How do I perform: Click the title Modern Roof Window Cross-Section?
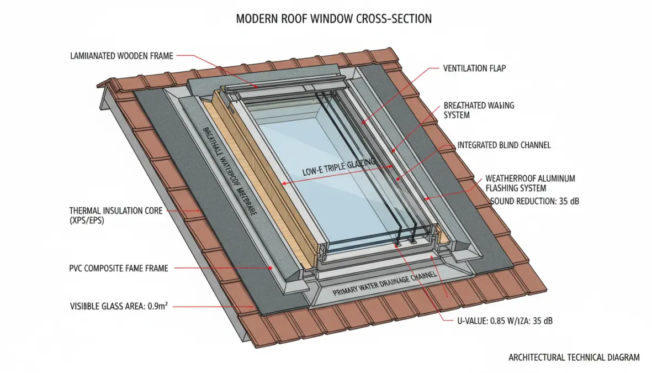tap(333, 19)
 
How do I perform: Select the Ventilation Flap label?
tap(474, 69)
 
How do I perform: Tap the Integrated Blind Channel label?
tap(503, 145)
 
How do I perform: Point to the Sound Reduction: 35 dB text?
tap(534, 201)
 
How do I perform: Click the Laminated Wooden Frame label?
tap(122, 56)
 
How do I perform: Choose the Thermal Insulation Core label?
tap(116, 211)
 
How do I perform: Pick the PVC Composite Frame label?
tap(119, 268)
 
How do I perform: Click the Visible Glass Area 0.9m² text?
tap(119, 305)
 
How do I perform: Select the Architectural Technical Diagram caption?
tap(574, 358)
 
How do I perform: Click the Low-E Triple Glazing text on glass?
tap(338, 168)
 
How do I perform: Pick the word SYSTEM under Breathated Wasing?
tap(457, 115)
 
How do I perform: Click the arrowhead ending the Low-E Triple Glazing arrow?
tap(283, 183)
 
